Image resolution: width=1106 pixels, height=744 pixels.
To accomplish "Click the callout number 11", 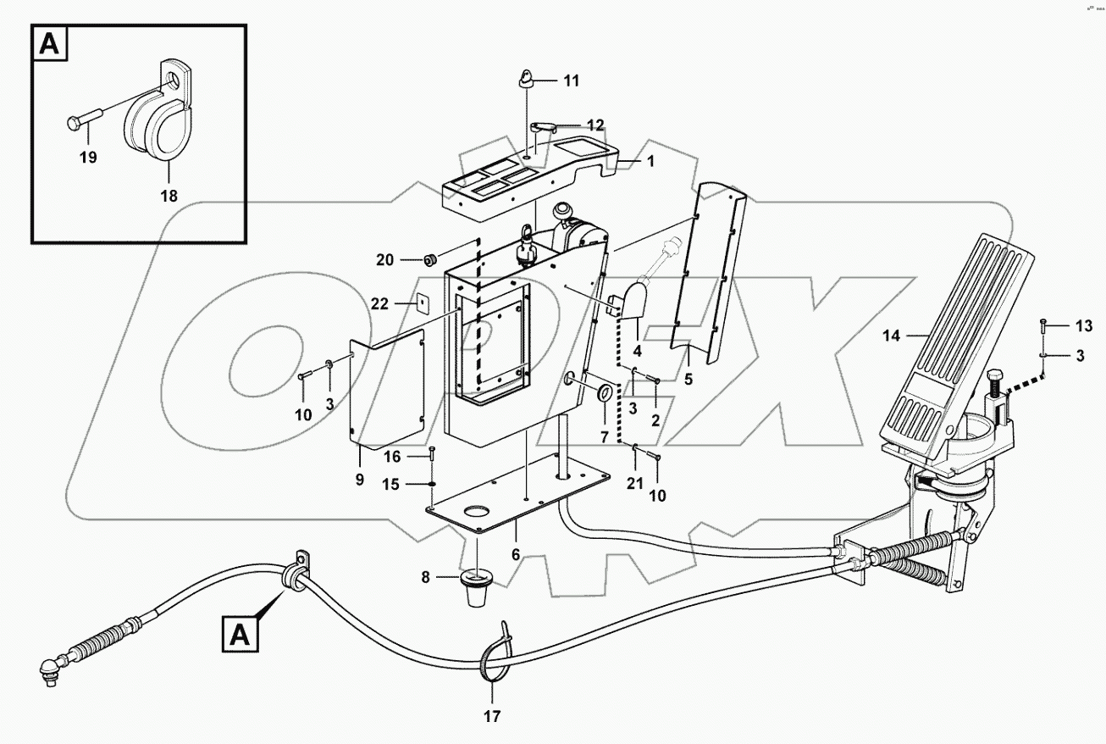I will [572, 81].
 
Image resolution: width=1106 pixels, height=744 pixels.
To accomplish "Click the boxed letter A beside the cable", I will [241, 633].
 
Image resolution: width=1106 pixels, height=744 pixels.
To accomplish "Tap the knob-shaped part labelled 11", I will [525, 80].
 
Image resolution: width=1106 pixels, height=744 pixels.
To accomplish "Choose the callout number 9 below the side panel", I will [359, 480].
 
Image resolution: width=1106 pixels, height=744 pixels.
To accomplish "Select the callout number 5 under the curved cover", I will [688, 380].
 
